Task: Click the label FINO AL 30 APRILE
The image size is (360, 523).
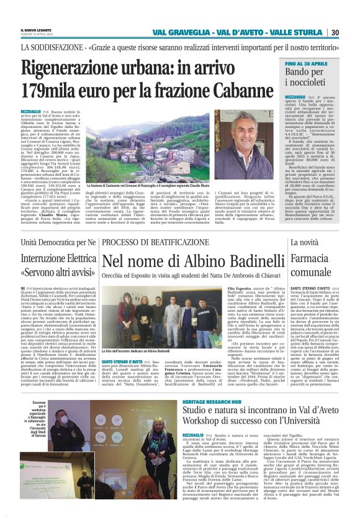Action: tap(289, 64)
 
